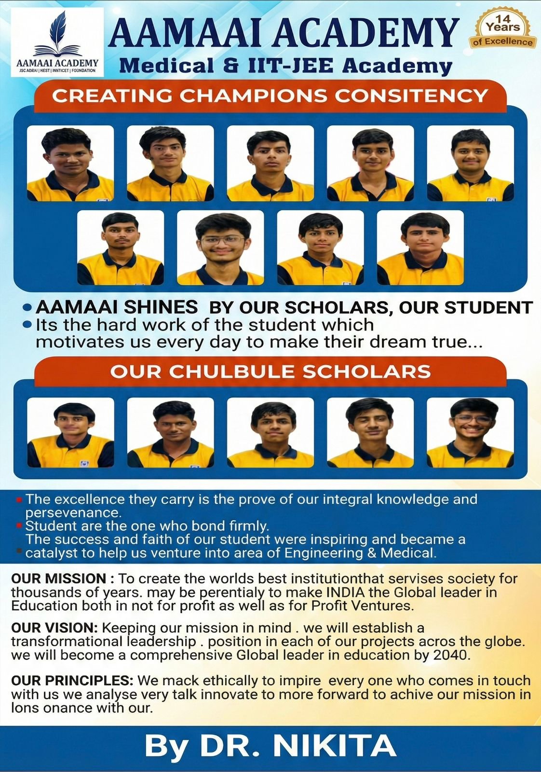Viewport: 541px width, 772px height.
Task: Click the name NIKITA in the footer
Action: point(335,746)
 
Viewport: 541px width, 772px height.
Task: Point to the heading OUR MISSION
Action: point(58,578)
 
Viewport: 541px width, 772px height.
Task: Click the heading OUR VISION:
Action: point(54,628)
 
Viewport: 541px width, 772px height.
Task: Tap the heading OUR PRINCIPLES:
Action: point(72,680)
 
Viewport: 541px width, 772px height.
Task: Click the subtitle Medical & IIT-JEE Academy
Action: point(285,65)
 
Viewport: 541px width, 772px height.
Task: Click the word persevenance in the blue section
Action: point(73,512)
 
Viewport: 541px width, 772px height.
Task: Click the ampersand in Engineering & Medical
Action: point(371,552)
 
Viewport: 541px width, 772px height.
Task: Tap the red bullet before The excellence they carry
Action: point(19,499)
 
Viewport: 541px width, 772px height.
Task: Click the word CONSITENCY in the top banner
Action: point(411,96)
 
